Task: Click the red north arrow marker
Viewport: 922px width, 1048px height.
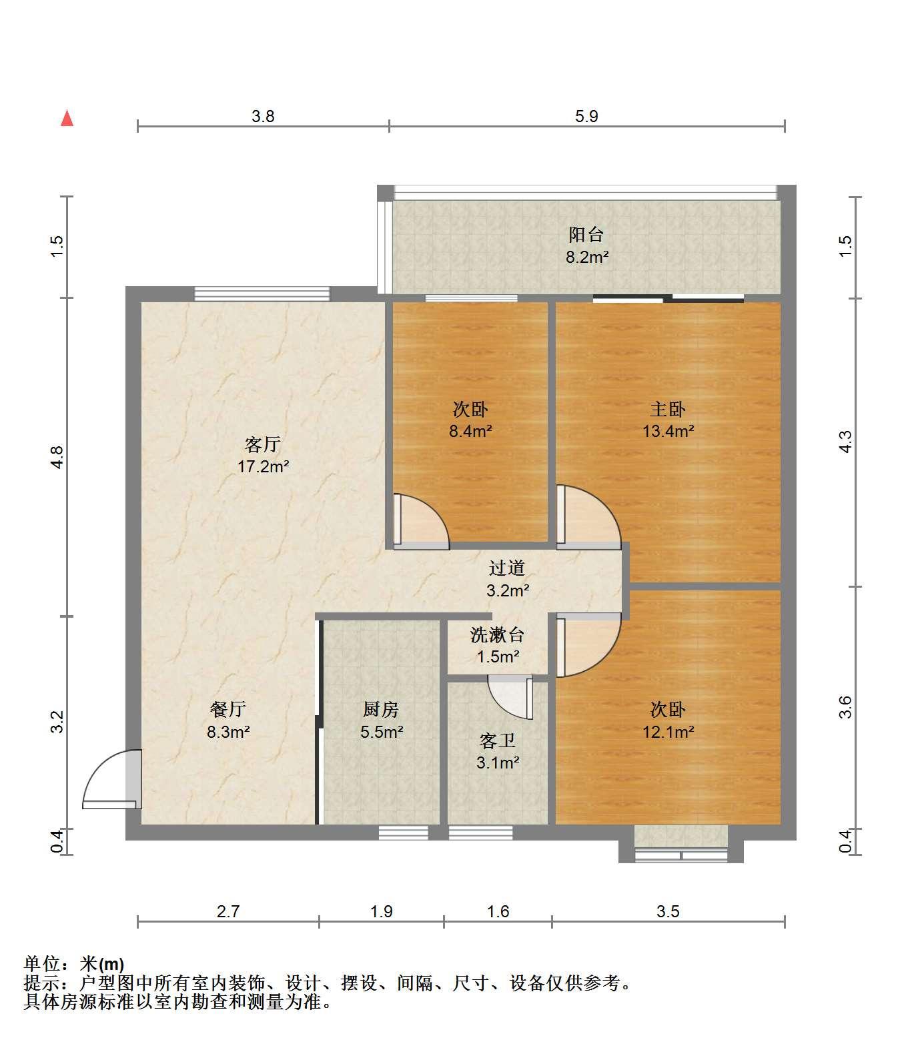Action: point(67,118)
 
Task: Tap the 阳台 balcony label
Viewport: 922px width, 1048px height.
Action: point(586,235)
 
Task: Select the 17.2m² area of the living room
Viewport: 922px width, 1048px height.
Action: point(263,466)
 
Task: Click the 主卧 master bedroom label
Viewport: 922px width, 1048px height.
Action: point(668,409)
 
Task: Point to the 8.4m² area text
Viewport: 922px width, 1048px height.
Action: point(470,431)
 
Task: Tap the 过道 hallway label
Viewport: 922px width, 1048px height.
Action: point(507,568)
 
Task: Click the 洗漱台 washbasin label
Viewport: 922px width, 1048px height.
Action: point(498,635)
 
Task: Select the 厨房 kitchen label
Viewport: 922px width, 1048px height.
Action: point(381,709)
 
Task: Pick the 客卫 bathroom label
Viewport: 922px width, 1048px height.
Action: point(498,740)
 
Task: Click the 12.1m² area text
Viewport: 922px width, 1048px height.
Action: point(668,732)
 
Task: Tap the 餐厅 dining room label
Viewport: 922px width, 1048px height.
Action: point(228,709)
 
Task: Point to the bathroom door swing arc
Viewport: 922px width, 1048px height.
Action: point(510,698)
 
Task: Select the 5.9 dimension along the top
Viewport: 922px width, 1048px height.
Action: point(586,116)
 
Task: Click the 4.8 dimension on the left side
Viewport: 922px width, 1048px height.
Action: point(57,457)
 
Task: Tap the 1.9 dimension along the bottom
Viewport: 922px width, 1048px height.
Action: point(382,911)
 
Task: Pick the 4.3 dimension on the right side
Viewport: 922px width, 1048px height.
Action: point(845,442)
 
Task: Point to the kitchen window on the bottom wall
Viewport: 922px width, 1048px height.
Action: point(404,833)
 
